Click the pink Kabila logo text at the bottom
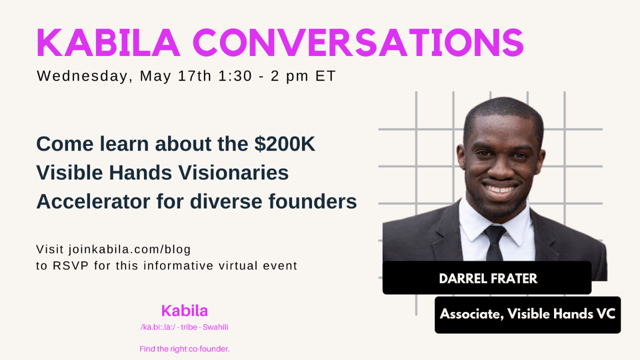(x=184, y=310)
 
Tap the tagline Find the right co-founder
(x=184, y=349)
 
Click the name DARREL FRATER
(x=488, y=278)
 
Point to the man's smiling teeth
(x=499, y=189)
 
